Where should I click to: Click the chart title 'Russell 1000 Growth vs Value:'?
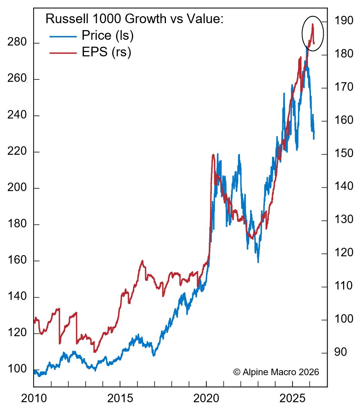point(135,19)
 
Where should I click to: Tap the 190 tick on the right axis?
point(343,21)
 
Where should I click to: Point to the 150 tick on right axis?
point(343,154)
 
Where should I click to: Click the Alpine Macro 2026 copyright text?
point(276,372)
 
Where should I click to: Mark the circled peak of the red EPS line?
point(313,25)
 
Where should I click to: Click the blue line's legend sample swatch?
point(63,36)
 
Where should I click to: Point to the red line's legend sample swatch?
point(63,52)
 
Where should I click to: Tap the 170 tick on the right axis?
point(343,87)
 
